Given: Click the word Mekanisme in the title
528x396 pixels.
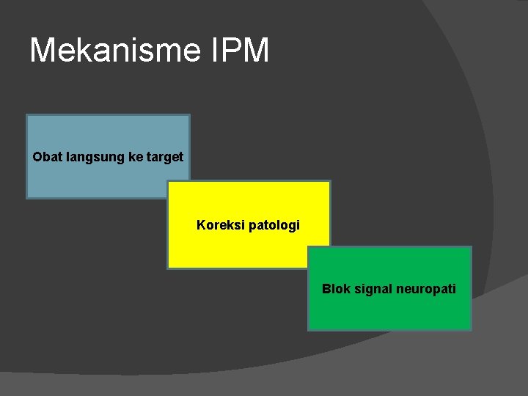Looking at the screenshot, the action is (x=114, y=51).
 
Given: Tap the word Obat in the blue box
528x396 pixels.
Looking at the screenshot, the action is (x=47, y=157).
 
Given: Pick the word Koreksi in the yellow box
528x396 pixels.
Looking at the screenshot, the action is (x=218, y=225).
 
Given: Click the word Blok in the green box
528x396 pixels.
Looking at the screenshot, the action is (x=336, y=289).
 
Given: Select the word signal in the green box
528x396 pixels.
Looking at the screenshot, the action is (x=373, y=290).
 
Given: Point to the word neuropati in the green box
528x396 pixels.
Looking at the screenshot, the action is (x=426, y=290).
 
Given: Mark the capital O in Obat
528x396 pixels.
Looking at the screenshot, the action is (x=37, y=157).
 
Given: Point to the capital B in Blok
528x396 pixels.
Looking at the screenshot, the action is (x=326, y=289).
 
